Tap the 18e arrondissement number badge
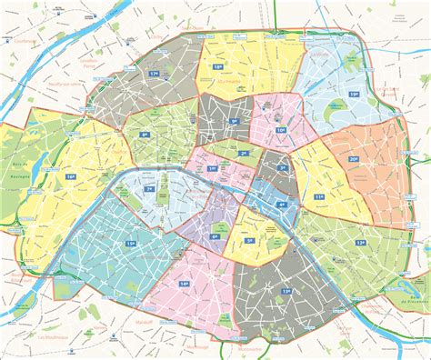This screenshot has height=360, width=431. pyautogui.click(x=218, y=67)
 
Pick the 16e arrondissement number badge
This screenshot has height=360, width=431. pyautogui.click(x=71, y=176)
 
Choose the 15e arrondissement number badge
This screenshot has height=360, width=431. pyautogui.click(x=131, y=244)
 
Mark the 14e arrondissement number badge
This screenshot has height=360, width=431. pyautogui.click(x=184, y=285)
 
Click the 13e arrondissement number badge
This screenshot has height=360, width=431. pyautogui.click(x=286, y=291)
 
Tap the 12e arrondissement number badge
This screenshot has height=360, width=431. pyautogui.click(x=361, y=243)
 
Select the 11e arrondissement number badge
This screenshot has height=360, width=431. pyautogui.click(x=318, y=195)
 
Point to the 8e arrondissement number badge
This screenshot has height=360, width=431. pyautogui.click(x=145, y=135)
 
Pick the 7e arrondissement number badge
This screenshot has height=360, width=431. pyautogui.click(x=150, y=189)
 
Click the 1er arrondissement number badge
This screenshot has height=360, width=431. pyautogui.click(x=213, y=168)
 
